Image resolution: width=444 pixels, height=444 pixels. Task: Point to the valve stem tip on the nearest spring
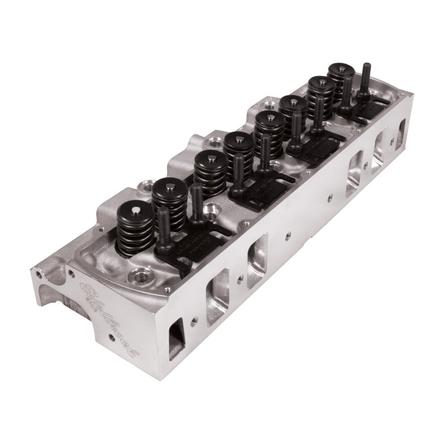[x=135, y=210]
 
